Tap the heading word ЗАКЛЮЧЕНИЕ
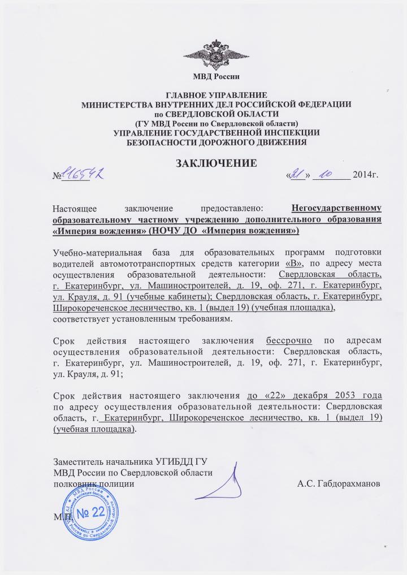[x=217, y=163]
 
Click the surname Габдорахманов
[x=339, y=484]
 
